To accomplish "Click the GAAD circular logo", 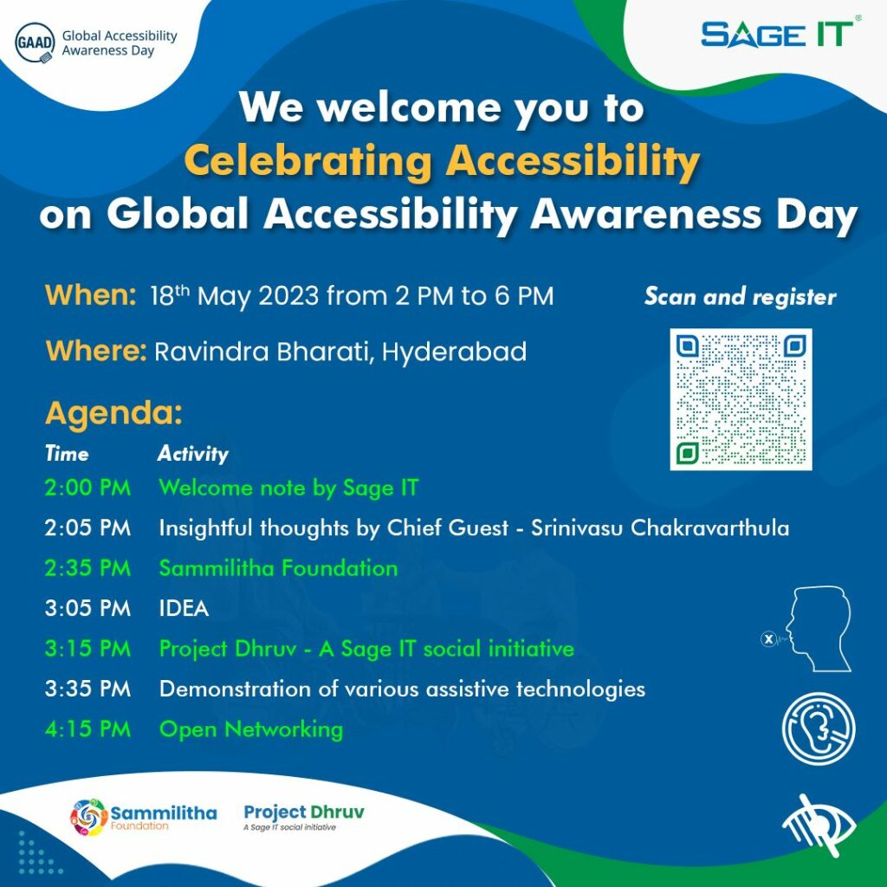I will coord(36,43).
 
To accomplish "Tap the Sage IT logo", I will coord(777,35).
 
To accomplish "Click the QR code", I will coord(741,399).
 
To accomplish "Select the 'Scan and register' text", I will coord(740,297).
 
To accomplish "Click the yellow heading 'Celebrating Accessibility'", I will coord(442,160).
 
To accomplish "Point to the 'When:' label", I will coord(91,295).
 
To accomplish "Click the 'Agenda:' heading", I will coord(113,413).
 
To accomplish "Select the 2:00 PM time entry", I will coord(87,488).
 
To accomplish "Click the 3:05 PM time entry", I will coord(87,608).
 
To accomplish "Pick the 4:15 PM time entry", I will coord(87,729).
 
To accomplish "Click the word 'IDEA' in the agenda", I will coord(184,608).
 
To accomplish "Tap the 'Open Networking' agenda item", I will coord(251,729).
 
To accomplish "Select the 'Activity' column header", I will coord(192,454).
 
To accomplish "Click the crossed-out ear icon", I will coord(818,728).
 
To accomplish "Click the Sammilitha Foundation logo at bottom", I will coord(143,816).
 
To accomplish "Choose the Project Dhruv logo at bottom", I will coord(303,816).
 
